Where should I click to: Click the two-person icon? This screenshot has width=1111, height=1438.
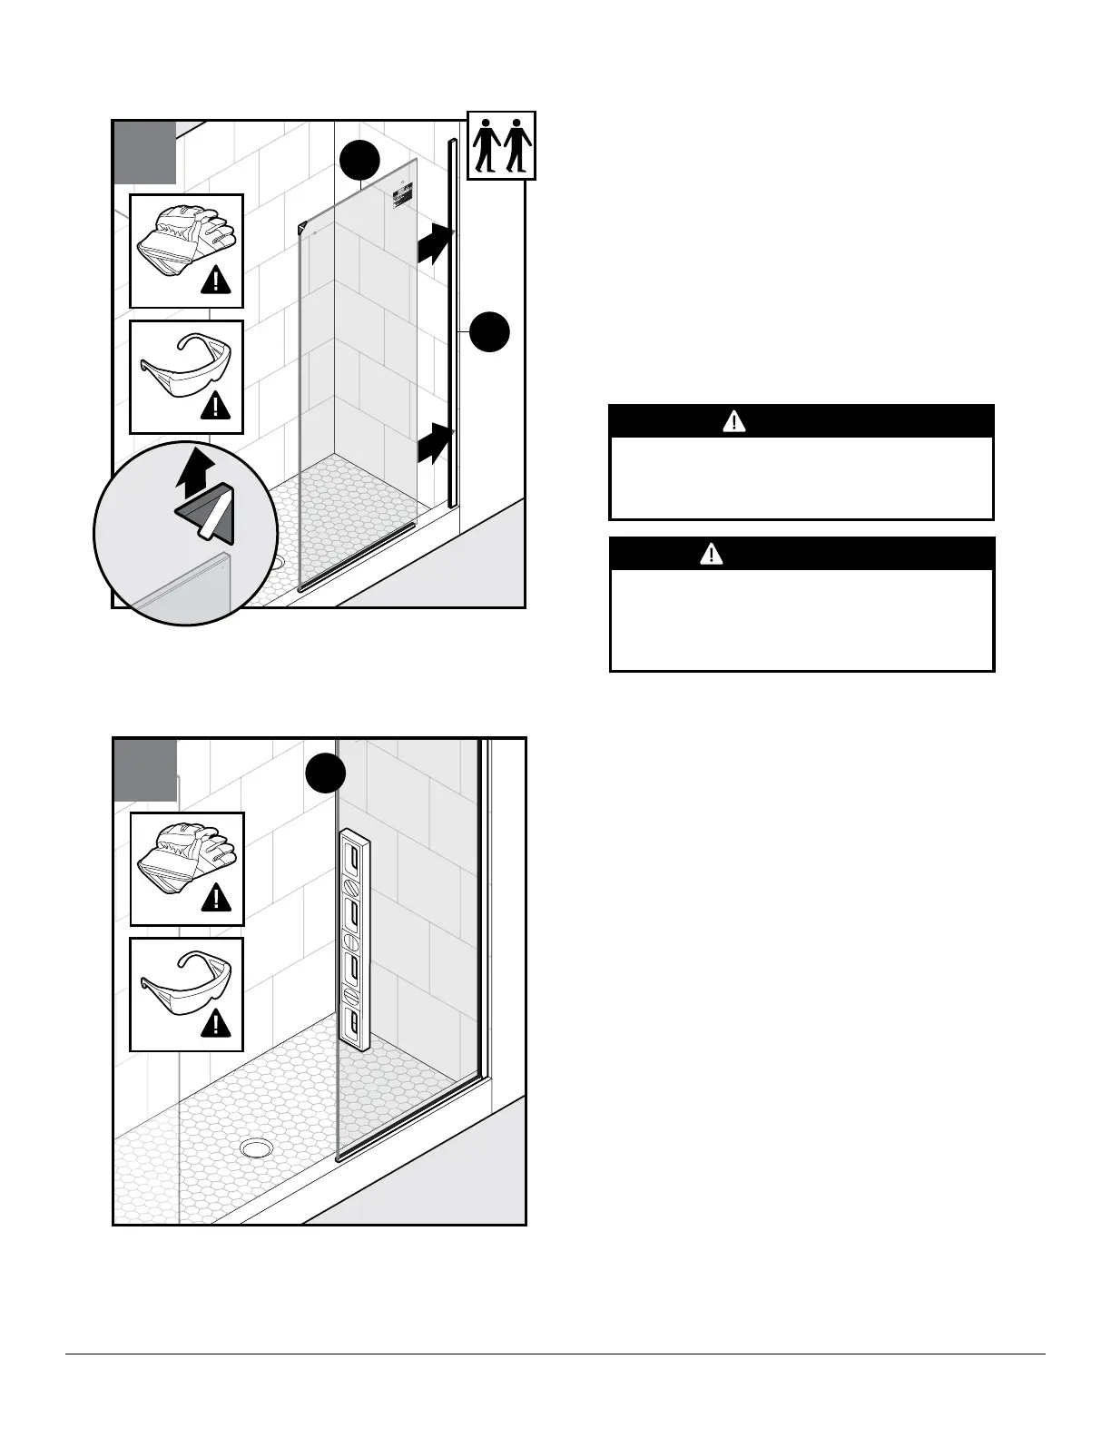[x=501, y=145]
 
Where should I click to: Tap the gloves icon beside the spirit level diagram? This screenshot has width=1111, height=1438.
[x=186, y=857]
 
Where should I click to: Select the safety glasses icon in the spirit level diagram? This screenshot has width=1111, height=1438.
[x=186, y=984]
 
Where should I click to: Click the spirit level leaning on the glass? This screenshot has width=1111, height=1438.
[x=354, y=939]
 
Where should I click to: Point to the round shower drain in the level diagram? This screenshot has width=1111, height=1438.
[x=256, y=1148]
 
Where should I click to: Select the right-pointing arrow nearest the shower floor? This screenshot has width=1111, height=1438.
[x=435, y=444]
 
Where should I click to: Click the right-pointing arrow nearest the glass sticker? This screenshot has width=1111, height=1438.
[x=435, y=244]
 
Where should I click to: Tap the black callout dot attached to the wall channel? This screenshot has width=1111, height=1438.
[x=490, y=332]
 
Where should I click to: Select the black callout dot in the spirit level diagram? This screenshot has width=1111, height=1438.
[x=325, y=773]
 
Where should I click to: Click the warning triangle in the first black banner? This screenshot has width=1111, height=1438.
[x=733, y=421]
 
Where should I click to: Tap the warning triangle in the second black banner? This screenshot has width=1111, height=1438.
[x=711, y=554]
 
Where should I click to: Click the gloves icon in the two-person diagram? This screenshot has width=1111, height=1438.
[x=186, y=240]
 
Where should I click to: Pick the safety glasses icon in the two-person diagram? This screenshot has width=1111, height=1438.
[x=186, y=367]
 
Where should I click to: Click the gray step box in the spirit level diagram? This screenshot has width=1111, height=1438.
[x=144, y=770]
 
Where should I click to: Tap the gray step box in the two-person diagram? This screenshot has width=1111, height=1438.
[x=144, y=152]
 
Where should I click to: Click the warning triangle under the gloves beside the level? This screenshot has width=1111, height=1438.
[x=215, y=899]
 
